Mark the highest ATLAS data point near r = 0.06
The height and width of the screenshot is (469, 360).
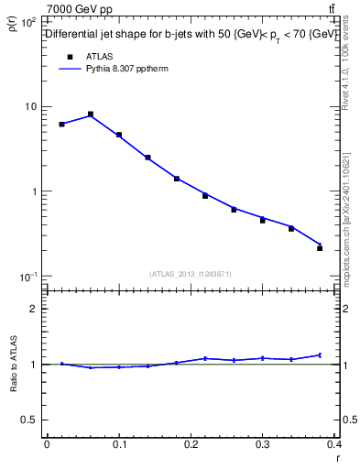tap(91, 115)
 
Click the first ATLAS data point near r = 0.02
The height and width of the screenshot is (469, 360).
tap(61, 124)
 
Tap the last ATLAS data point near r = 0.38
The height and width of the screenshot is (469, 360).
tap(320, 247)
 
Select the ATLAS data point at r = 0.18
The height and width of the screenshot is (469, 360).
tap(177, 179)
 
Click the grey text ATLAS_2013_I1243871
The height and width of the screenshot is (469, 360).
tap(190, 274)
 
